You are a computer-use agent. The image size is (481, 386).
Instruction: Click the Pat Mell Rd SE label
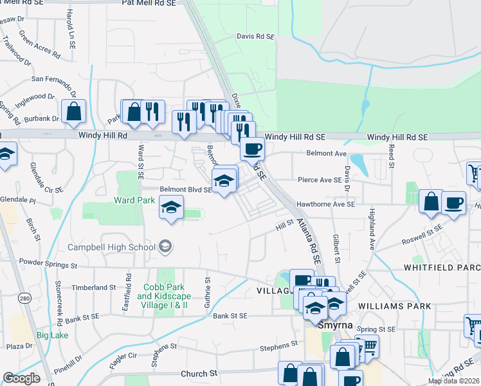tap(149, 3)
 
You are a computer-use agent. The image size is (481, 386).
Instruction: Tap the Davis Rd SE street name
tap(255, 37)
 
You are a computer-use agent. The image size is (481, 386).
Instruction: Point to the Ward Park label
tap(134, 200)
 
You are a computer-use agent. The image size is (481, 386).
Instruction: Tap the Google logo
tap(22, 378)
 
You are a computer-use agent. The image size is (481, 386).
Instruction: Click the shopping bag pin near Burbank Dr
tap(74, 111)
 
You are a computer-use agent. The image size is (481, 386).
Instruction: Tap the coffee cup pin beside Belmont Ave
tap(252, 149)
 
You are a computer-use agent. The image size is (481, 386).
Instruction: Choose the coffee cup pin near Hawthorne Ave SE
tap(454, 203)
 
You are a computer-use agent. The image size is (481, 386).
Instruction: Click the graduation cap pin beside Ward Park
tap(172, 208)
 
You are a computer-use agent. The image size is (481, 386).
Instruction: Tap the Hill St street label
tap(284, 223)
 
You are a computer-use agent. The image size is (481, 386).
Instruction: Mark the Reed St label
tap(391, 156)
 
